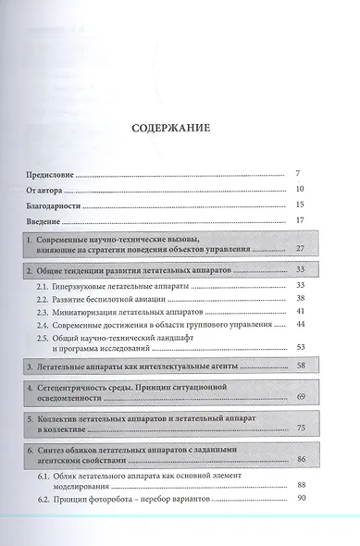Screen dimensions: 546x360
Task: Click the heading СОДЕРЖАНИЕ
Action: [180, 129]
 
